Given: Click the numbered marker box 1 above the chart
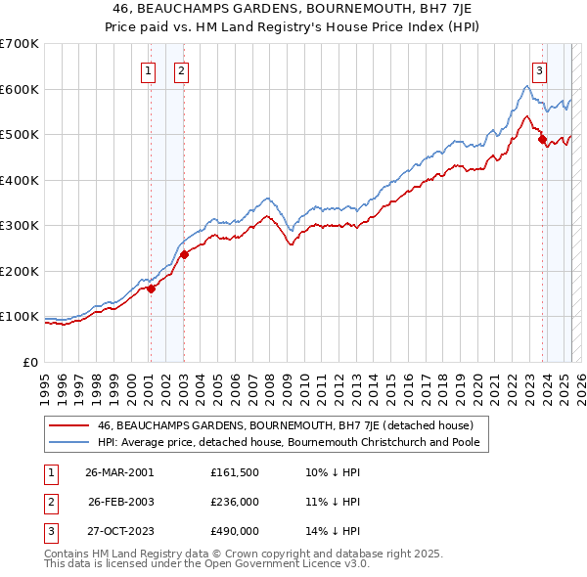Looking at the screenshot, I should point(148,69).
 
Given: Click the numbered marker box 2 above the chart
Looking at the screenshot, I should point(182,69).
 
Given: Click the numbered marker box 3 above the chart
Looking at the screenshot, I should point(539,69).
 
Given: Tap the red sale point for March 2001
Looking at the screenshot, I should point(151,288).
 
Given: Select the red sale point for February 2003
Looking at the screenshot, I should point(184,254).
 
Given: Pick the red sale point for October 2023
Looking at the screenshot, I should point(542,140).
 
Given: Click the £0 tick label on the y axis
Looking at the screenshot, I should point(30,362).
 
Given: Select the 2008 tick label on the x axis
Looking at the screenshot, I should point(269,380).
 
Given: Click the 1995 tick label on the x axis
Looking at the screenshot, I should point(44,380).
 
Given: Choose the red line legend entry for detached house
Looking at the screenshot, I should point(285,425).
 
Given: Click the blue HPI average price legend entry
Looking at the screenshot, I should point(293,442).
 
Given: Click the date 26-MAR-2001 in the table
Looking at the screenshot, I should point(119,472).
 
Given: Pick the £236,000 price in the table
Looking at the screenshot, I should point(235,502).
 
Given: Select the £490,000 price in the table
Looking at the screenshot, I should point(235,531).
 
